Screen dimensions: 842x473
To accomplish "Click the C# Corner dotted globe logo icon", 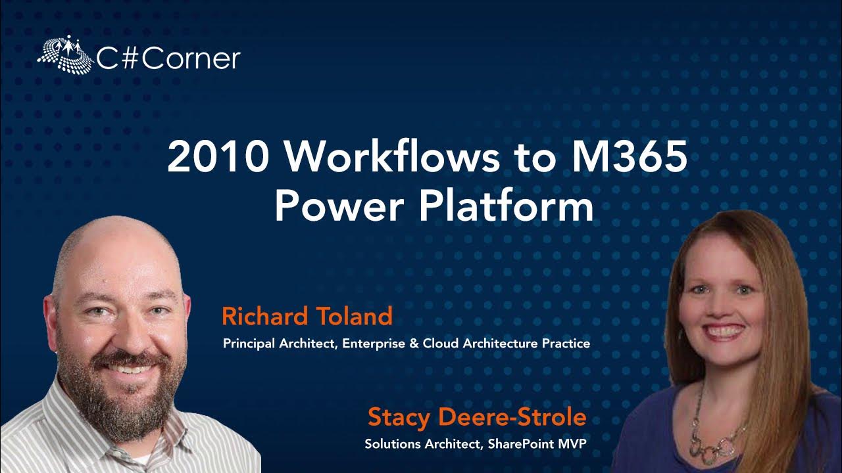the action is (65, 55).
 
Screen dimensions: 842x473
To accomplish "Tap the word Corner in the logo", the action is (191, 59).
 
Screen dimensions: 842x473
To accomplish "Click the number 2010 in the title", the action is (218, 156).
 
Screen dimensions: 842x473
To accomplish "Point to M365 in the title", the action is (628, 156).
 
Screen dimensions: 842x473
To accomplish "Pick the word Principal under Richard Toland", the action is (249, 344).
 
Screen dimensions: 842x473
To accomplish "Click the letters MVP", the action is (572, 444).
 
